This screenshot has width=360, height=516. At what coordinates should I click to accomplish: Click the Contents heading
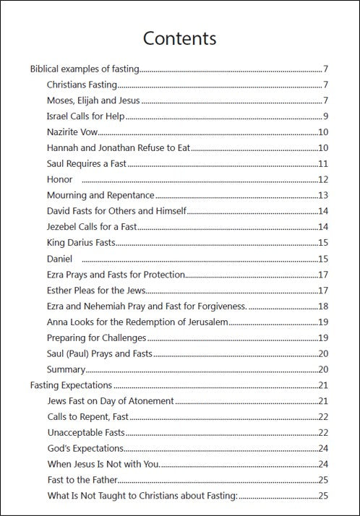pyautogui.click(x=179, y=38)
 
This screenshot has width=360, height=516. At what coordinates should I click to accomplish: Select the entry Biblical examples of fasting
pyautogui.click(x=85, y=69)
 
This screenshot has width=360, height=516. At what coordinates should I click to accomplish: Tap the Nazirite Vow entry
pyautogui.click(x=72, y=132)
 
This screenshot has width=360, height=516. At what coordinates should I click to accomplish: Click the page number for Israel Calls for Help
pyautogui.click(x=326, y=116)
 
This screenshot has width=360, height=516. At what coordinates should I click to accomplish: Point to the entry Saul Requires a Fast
pyautogui.click(x=87, y=163)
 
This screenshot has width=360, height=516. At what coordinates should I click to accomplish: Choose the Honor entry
pyautogui.click(x=59, y=179)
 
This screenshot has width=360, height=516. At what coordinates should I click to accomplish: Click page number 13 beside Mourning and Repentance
pyautogui.click(x=324, y=195)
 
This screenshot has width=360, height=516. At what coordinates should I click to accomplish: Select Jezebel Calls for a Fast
pyautogui.click(x=92, y=227)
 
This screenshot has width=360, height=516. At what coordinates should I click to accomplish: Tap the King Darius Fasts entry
pyautogui.click(x=81, y=242)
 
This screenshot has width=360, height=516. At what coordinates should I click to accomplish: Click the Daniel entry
pyautogui.click(x=61, y=258)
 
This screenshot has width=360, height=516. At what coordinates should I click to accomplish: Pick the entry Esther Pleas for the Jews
pyautogui.click(x=96, y=290)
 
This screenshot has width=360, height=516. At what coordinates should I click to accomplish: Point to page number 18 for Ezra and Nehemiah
pyautogui.click(x=324, y=306)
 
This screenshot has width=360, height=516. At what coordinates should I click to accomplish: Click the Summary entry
pyautogui.click(x=67, y=369)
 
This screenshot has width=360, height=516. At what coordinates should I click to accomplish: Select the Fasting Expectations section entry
pyautogui.click(x=71, y=385)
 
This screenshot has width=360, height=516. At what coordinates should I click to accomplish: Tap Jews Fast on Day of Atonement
pyautogui.click(x=110, y=400)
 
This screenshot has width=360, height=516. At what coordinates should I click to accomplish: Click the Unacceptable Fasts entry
pyautogui.click(x=85, y=432)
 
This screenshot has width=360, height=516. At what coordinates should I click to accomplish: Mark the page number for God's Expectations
pyautogui.click(x=324, y=448)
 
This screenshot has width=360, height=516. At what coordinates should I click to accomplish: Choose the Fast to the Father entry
pyautogui.click(x=82, y=480)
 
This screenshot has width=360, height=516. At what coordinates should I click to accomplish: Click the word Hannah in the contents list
pyautogui.click(x=63, y=148)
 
